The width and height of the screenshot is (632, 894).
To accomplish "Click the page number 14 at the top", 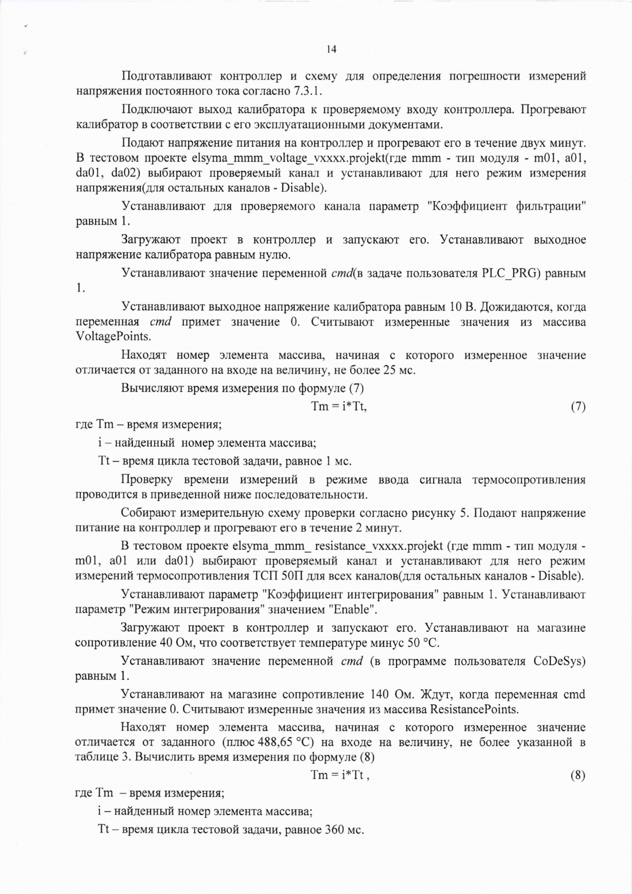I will pyautogui.click(x=332, y=50).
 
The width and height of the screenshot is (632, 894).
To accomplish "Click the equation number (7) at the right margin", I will pyautogui.click(x=578, y=407).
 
